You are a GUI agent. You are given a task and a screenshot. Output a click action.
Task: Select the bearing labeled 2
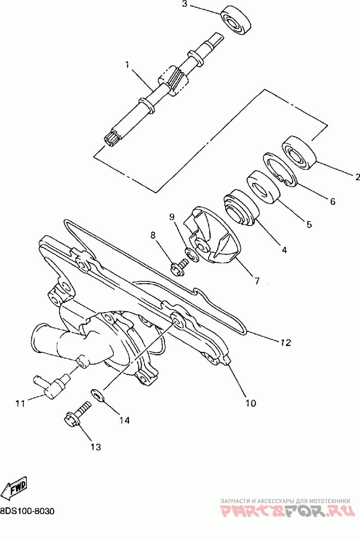(300, 152)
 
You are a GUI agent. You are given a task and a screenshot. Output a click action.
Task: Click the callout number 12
(286, 343)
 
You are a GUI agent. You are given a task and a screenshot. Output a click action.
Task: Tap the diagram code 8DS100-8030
(27, 512)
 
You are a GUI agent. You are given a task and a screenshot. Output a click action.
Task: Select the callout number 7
(256, 281)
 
